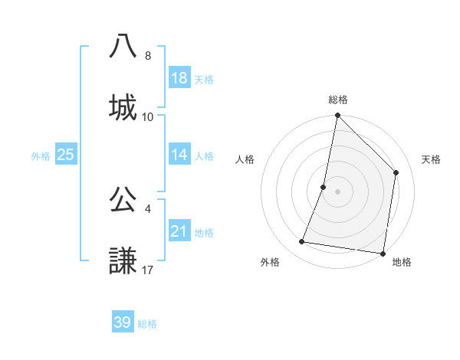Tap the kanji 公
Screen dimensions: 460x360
pyautogui.click(x=123, y=198)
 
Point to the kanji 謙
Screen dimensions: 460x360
pyautogui.click(x=123, y=260)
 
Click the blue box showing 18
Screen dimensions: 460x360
pyautogui.click(x=179, y=78)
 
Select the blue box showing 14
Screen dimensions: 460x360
pyautogui.click(x=179, y=155)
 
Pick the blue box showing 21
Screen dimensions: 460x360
pyautogui.click(x=179, y=231)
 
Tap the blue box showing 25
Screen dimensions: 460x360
pyautogui.click(x=65, y=155)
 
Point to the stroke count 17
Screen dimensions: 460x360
pyautogui.click(x=148, y=270)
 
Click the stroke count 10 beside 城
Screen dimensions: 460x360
pyautogui.click(x=148, y=116)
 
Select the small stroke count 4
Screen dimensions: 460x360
pyautogui.click(x=147, y=208)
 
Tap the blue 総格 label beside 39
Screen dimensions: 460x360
pyautogui.click(x=147, y=324)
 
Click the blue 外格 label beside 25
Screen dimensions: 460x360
pyautogui.click(x=41, y=155)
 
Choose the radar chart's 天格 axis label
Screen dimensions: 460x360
pyautogui.click(x=432, y=159)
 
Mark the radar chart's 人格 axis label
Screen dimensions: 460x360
pyautogui.click(x=245, y=159)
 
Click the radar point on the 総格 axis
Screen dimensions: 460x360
pyautogui.click(x=337, y=116)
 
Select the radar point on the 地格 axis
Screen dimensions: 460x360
pyautogui.click(x=383, y=253)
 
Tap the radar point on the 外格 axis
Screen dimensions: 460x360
pyautogui.click(x=302, y=242)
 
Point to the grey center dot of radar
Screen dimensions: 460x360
pyautogui.click(x=337, y=191)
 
